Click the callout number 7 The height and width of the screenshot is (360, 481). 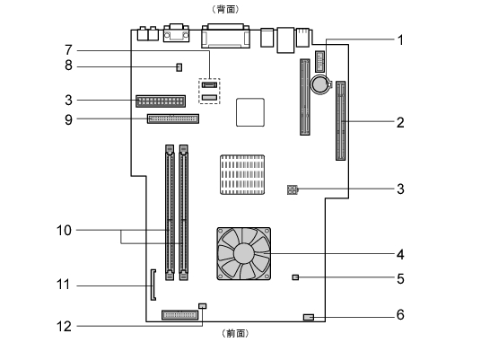pyautogui.click(x=68, y=49)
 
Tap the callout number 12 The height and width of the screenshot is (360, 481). pyautogui.click(x=64, y=326)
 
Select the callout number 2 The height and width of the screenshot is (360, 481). pyautogui.click(x=400, y=122)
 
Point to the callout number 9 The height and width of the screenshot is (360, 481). pyautogui.click(x=68, y=119)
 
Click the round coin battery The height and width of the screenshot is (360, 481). pyautogui.click(x=320, y=84)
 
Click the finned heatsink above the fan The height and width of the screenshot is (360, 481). pyautogui.click(x=242, y=175)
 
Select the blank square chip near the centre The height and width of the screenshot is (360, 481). pyautogui.click(x=250, y=112)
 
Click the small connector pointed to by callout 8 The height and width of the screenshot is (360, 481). pyautogui.click(x=179, y=67)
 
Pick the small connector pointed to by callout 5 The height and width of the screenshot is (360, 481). pyautogui.click(x=295, y=277)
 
